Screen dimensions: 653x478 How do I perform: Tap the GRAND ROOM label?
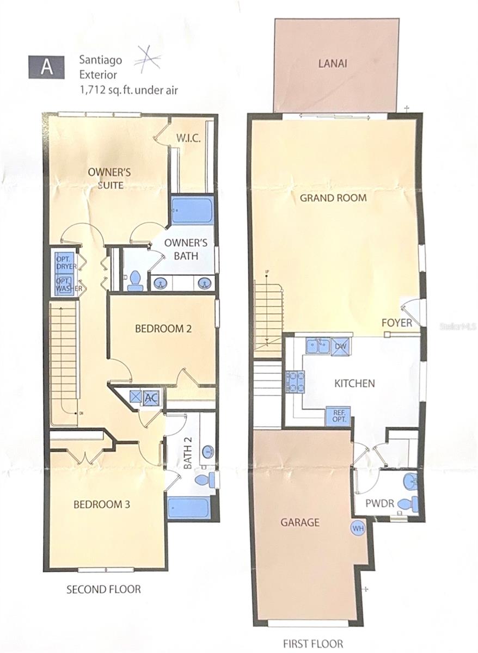pos(333,198)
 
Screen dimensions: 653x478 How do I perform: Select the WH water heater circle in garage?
pos(358,528)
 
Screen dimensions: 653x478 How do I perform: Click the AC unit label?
pos(151,398)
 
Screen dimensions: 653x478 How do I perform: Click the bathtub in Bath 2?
pos(188,508)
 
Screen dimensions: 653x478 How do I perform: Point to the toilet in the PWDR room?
pos(408,504)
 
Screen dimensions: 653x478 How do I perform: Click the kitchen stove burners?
pos(295,381)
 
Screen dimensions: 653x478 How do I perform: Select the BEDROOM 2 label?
pos(163,329)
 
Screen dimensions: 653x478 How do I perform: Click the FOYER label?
pos(396,323)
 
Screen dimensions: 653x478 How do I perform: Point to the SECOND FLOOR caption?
pos(103,589)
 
